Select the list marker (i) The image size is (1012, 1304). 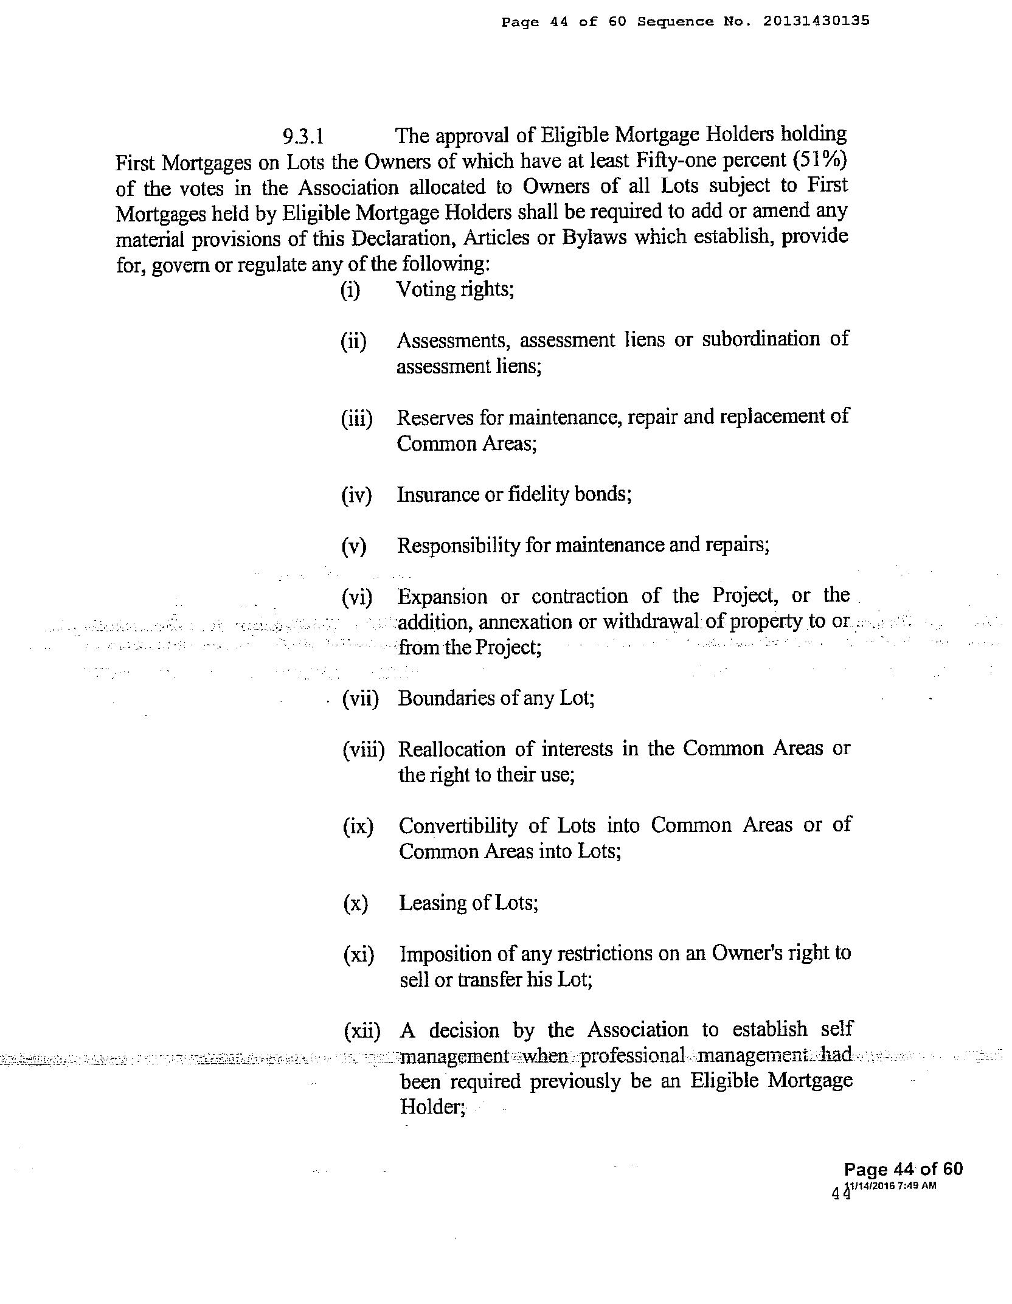click(x=350, y=290)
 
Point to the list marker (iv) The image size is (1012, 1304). click(x=356, y=495)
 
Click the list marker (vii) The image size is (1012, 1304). click(x=361, y=699)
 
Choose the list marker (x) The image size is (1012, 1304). click(x=355, y=903)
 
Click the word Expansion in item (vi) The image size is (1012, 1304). click(x=442, y=597)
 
